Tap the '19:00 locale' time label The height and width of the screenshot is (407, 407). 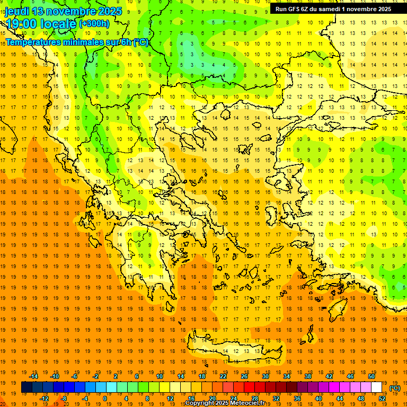click(x=41, y=24)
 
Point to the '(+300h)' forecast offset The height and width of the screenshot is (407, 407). click(x=94, y=24)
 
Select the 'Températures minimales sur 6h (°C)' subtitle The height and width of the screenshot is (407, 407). click(x=77, y=42)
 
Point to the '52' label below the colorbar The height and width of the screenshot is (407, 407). click(x=382, y=399)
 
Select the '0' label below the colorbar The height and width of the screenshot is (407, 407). click(x=105, y=399)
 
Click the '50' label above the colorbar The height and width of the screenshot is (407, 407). click(x=371, y=376)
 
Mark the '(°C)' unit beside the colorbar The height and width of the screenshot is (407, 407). click(x=395, y=388)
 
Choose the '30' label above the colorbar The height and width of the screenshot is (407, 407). click(x=266, y=376)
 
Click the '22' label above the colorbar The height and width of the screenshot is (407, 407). click(x=223, y=376)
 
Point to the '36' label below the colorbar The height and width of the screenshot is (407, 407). click(x=297, y=399)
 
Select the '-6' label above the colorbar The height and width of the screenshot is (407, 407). click(x=75, y=376)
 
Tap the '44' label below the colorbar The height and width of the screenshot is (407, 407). click(x=340, y=399)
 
